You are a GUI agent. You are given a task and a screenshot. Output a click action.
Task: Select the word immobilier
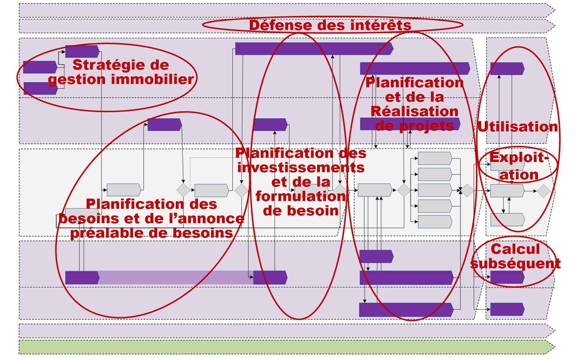[x=152, y=79]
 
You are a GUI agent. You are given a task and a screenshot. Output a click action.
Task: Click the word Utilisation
[x=517, y=127]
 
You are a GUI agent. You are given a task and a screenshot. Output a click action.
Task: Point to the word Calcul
[x=515, y=249]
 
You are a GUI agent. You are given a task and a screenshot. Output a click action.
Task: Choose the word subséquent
[x=515, y=263]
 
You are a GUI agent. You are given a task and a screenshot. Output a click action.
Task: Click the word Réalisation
[x=414, y=111]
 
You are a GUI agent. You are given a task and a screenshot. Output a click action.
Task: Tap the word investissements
[x=301, y=167]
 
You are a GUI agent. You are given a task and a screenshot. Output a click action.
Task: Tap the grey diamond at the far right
[x=543, y=191]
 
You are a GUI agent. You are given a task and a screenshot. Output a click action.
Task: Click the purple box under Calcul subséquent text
[x=507, y=277]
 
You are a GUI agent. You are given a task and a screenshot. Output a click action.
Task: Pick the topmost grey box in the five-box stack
[x=434, y=158]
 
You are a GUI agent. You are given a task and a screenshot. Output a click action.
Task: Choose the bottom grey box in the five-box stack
[x=434, y=222]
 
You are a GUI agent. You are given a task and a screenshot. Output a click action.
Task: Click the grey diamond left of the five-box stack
[x=404, y=190]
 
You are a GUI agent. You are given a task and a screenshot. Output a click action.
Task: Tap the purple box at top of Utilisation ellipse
[x=507, y=69]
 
